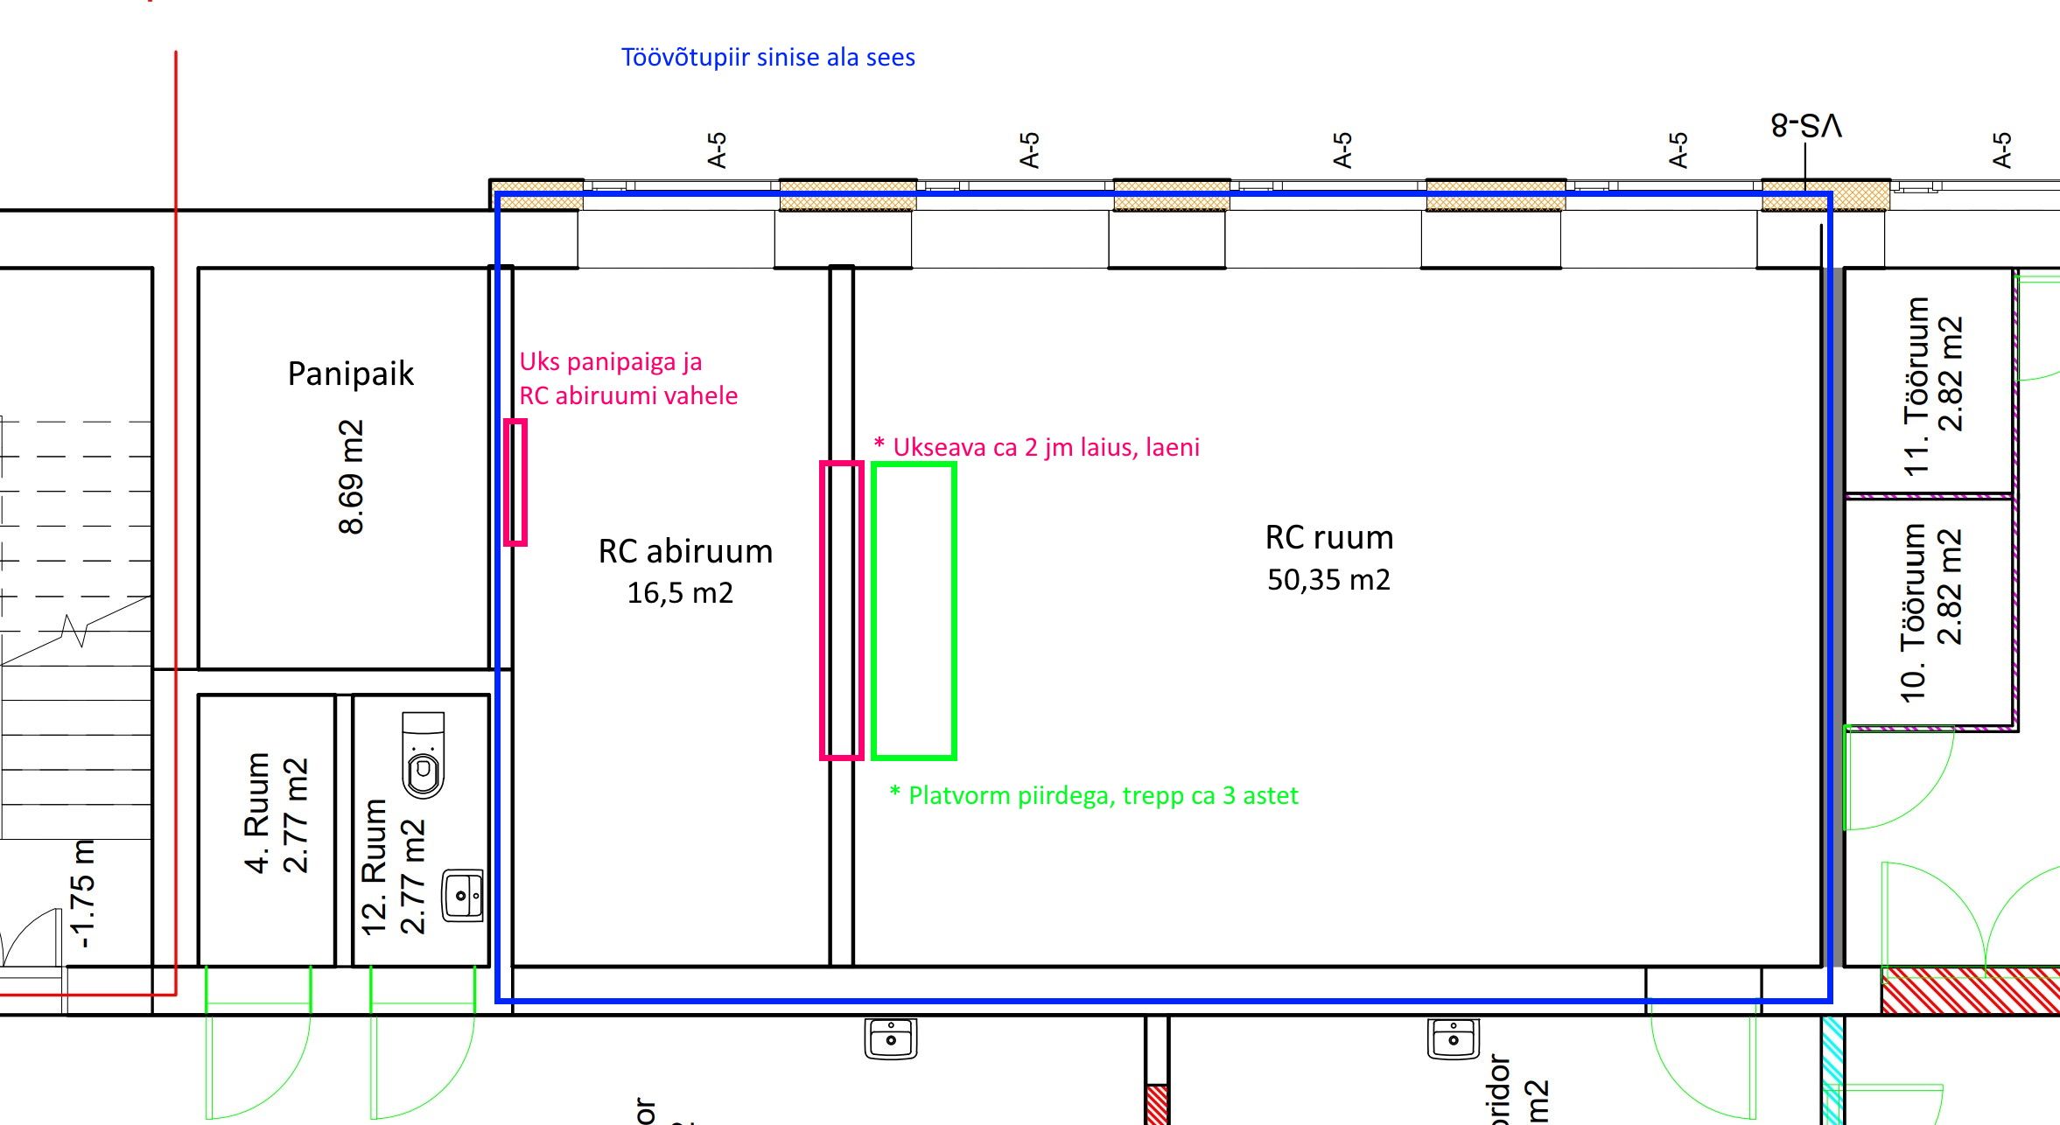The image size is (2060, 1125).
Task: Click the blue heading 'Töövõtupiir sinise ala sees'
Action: coord(767,58)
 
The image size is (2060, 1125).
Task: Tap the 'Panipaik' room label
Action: coord(350,374)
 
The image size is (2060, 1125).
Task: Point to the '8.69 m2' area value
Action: coord(351,477)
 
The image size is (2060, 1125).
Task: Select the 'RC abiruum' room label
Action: coord(685,551)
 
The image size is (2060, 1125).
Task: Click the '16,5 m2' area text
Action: coord(680,593)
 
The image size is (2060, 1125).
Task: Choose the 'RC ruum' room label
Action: coord(1328,537)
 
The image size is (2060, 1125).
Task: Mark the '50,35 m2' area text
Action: coord(1328,579)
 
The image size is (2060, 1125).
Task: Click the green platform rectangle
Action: coord(914,611)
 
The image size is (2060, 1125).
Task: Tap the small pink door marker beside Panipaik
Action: coord(515,483)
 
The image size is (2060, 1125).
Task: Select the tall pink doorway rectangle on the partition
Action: coord(841,611)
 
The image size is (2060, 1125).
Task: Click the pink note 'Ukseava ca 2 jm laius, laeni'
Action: coord(1037,447)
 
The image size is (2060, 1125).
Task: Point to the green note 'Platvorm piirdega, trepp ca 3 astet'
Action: coord(1094,795)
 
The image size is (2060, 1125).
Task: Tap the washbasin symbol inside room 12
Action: coord(462,895)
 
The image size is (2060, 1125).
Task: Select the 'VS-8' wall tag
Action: coord(1806,126)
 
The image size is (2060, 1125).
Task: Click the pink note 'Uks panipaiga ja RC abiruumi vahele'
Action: coord(627,379)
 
